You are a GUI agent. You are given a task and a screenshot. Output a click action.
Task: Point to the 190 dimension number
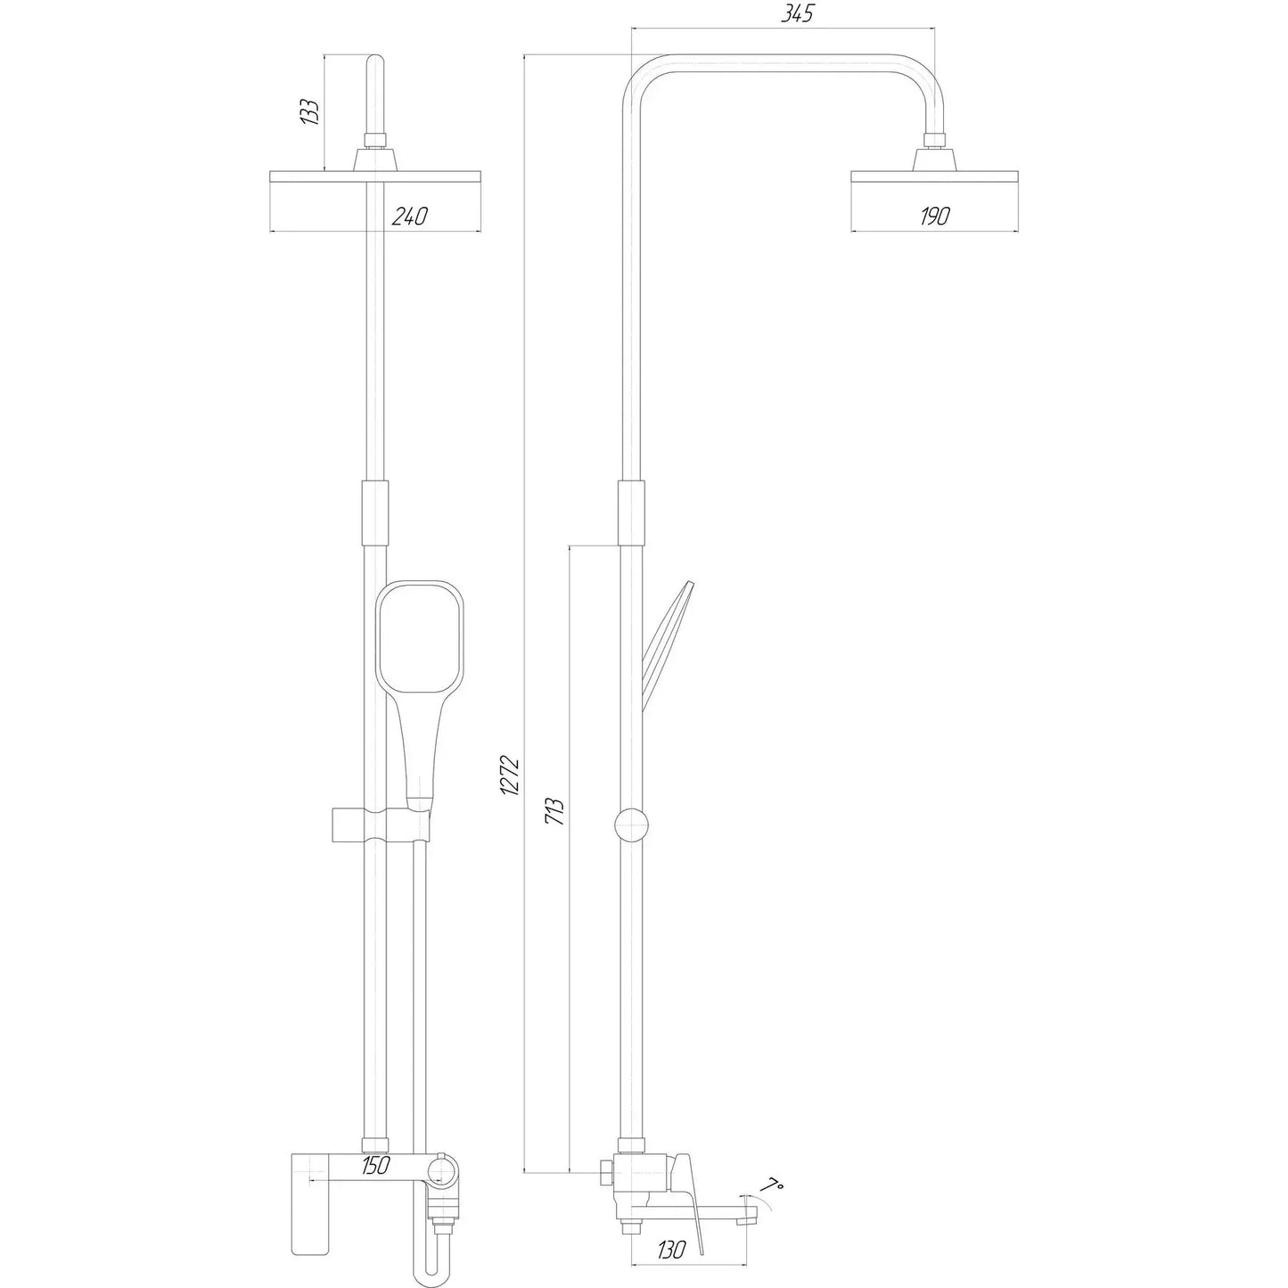(933, 216)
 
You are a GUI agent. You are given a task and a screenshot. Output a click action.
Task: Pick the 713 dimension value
(554, 810)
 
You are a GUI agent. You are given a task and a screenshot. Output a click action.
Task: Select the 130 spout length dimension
(668, 1251)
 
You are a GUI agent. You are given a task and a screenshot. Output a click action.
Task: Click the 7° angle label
(773, 1161)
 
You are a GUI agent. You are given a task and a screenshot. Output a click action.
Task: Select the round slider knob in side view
(631, 824)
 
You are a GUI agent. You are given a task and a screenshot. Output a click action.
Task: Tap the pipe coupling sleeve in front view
(374, 513)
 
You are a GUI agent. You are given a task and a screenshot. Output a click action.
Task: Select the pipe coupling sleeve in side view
(630, 513)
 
